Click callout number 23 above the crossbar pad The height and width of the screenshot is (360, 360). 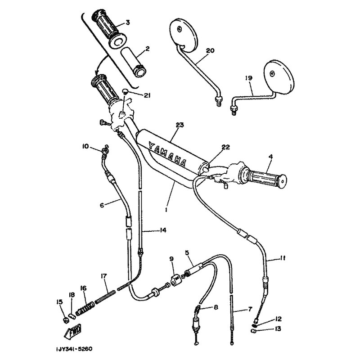click(x=180, y=126)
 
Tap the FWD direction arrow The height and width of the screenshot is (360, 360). click(x=72, y=330)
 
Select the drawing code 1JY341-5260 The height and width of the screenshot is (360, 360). click(x=74, y=349)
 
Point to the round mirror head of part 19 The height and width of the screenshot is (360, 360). click(x=279, y=76)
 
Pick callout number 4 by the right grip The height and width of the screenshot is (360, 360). click(x=270, y=157)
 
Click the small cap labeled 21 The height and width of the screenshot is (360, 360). click(x=125, y=91)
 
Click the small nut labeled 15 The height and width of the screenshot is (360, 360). click(x=65, y=320)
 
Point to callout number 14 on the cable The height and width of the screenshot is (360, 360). click(x=163, y=230)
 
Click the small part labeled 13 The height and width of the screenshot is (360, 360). click(x=253, y=331)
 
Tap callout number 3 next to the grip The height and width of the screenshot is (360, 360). click(x=127, y=22)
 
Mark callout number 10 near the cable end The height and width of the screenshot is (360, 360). click(x=85, y=146)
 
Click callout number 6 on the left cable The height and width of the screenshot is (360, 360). click(x=102, y=205)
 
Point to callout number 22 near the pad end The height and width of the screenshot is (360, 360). click(x=226, y=147)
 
